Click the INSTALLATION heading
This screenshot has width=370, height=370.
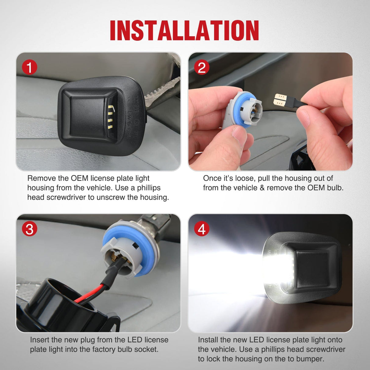(184, 30)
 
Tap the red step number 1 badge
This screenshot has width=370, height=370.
(29, 67)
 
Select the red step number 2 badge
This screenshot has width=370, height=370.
(201, 67)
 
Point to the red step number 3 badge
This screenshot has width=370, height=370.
(29, 229)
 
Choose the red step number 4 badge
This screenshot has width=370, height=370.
(201, 229)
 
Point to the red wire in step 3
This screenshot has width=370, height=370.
(90, 295)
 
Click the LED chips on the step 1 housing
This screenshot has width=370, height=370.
(110, 116)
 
